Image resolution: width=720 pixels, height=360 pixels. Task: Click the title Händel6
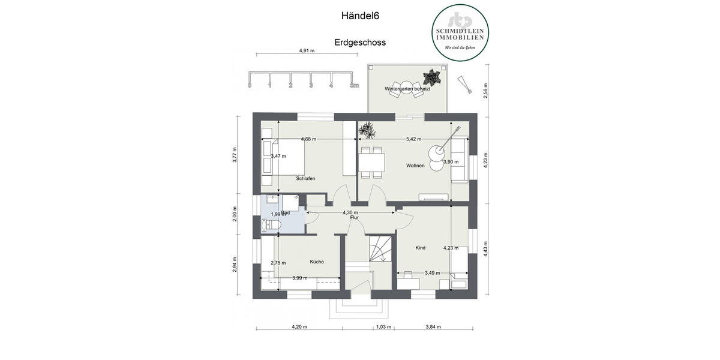click(360, 17)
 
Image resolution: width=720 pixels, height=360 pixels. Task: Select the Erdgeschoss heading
click(360, 43)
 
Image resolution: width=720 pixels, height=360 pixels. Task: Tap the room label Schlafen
click(305, 179)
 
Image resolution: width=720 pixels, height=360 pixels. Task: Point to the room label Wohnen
click(415, 166)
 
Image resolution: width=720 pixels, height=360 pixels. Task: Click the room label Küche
click(317, 262)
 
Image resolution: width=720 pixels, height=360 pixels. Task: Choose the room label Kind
click(420, 247)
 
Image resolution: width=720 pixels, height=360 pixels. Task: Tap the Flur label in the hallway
click(355, 218)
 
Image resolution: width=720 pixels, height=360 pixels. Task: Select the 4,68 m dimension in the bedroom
click(309, 139)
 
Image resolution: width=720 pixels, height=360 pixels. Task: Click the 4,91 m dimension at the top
click(307, 51)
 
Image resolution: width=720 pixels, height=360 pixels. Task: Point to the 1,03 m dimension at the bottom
click(383, 327)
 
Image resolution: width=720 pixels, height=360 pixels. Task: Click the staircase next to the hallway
click(379, 248)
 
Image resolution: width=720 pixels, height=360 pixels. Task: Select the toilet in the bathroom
click(272, 224)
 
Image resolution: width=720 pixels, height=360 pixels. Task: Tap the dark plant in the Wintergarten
click(431, 77)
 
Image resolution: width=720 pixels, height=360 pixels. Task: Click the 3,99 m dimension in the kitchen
click(299, 278)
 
